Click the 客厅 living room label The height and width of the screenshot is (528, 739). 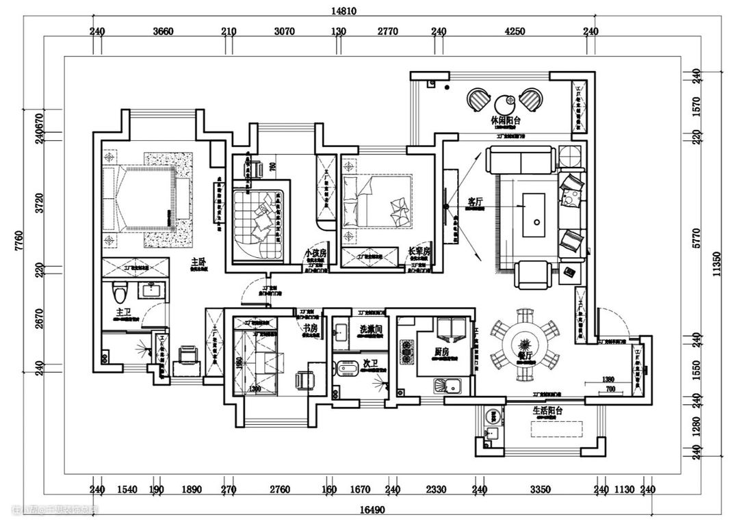[476, 202]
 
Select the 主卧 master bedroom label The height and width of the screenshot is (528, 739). [199, 261]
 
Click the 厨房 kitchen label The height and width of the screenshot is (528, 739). [442, 351]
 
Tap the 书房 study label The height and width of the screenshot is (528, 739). [311, 328]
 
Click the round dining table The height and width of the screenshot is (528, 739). [525, 341]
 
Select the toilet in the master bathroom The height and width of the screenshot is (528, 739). [120, 293]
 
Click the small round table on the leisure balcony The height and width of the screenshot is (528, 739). [506, 103]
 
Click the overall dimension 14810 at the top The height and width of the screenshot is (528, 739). [345, 10]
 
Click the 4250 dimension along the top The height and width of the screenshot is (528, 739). [515, 31]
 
